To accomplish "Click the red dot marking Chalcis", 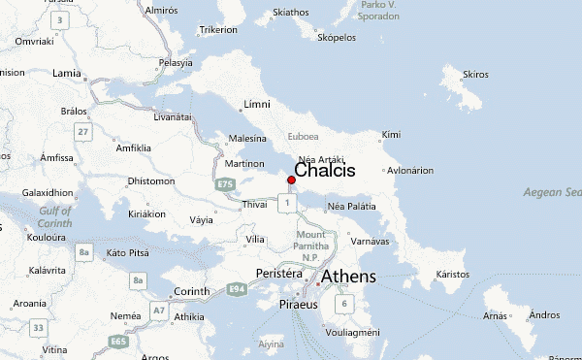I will click(291, 180).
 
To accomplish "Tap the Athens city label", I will click(348, 278).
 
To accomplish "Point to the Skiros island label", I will click(476, 74).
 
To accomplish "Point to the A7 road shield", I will click(157, 310).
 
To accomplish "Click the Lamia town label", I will click(67, 73).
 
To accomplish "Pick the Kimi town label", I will click(391, 134).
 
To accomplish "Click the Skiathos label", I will click(291, 13).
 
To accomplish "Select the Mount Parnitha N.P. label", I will click(312, 245).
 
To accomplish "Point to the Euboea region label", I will click(304, 137).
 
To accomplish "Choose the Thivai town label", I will click(254, 204).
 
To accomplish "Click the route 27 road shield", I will click(83, 131).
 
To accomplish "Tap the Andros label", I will click(545, 314).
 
